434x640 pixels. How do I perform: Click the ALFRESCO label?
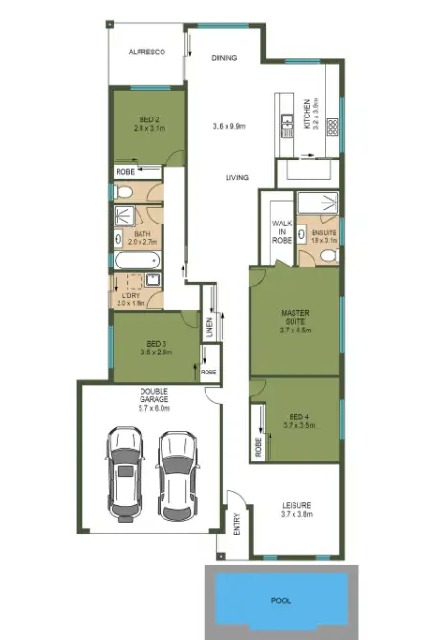[x=147, y=53]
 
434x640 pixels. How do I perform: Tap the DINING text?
[x=224, y=58]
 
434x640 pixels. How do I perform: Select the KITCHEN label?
[x=307, y=113]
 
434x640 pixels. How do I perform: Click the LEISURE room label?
[x=297, y=505]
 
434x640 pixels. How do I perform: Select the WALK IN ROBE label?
[x=281, y=231]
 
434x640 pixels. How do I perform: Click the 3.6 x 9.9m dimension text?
[x=229, y=126]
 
